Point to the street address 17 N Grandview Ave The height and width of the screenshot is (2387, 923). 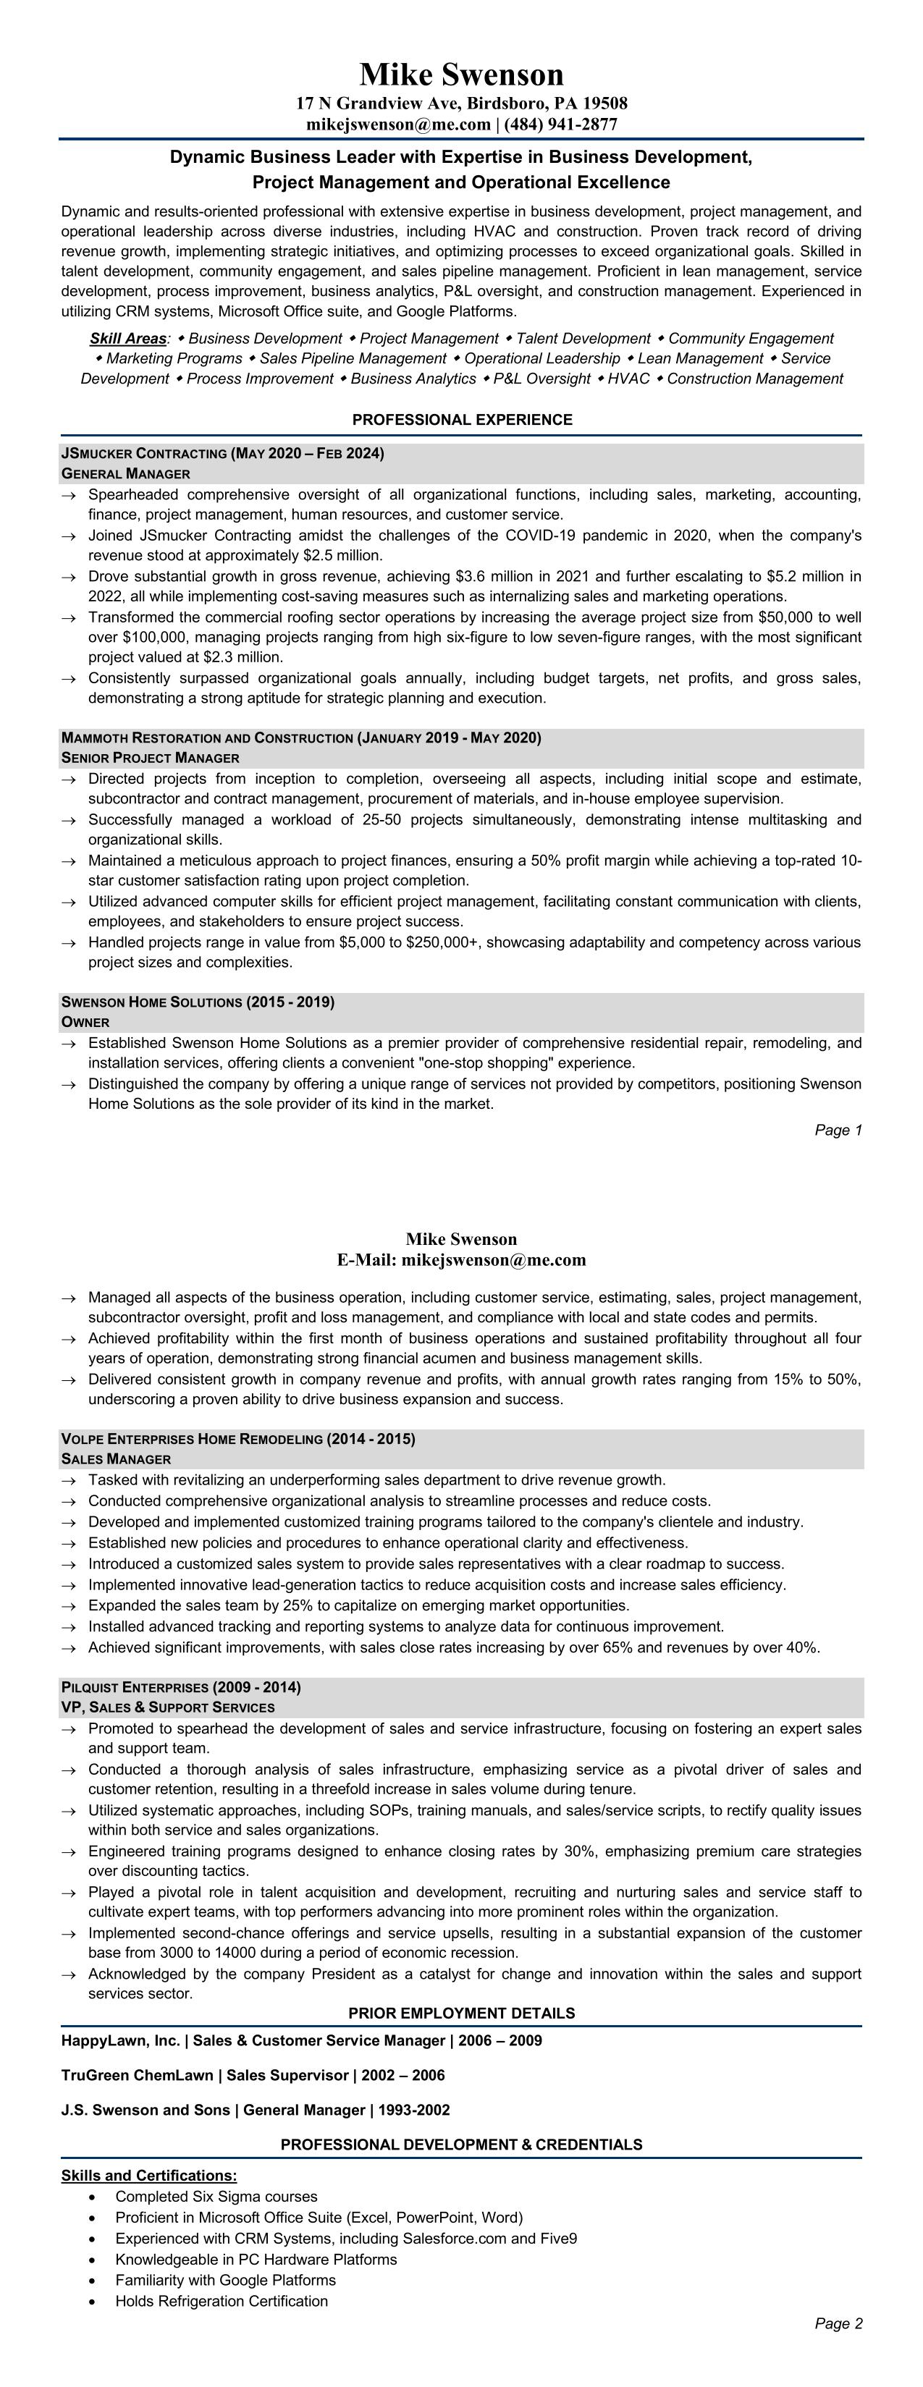pos(377,103)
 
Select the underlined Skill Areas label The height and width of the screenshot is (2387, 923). pos(128,338)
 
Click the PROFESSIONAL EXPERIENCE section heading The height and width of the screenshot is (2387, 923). pos(462,420)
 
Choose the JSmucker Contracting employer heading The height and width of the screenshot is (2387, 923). pos(143,453)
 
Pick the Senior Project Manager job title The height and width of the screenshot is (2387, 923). pos(150,758)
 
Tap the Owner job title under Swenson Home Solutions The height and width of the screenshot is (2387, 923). pos(85,1022)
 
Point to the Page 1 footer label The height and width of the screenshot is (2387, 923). pos(838,1130)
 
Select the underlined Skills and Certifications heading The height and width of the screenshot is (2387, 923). pos(149,2175)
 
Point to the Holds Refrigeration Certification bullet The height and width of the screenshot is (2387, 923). pos(222,2301)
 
